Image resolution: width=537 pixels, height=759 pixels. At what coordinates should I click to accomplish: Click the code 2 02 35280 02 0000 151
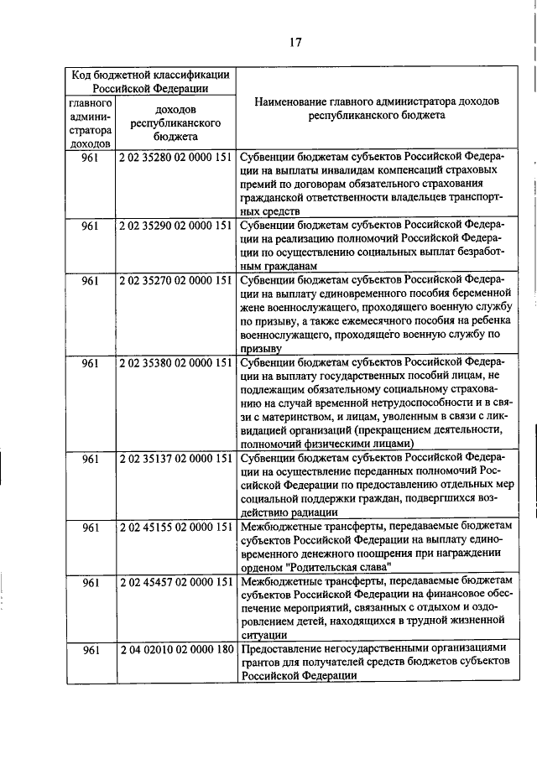[x=175, y=156]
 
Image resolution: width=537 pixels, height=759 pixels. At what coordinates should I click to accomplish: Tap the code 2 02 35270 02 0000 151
[x=175, y=281]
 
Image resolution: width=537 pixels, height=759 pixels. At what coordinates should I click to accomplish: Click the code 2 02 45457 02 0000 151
[x=175, y=581]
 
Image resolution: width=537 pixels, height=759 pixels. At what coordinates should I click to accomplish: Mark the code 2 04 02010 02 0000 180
[x=175, y=650]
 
